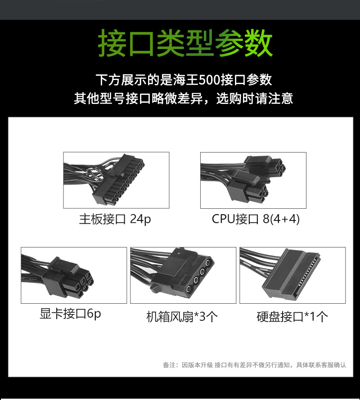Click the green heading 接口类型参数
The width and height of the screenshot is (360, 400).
pyautogui.click(x=185, y=44)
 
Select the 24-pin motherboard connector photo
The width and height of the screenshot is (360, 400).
pyautogui.click(x=116, y=180)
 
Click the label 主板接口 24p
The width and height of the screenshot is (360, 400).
pyautogui.click(x=115, y=220)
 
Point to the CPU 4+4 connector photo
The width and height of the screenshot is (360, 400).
pyautogui.click(x=253, y=180)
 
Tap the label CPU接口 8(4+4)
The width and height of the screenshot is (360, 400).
pyautogui.click(x=256, y=220)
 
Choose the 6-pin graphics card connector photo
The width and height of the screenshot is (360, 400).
pyautogui.click(x=74, y=275)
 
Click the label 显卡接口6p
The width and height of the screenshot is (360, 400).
pyautogui.click(x=70, y=314)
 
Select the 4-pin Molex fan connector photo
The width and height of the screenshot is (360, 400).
pyautogui.click(x=183, y=275)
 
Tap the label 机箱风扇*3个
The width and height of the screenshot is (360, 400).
pyautogui.click(x=182, y=316)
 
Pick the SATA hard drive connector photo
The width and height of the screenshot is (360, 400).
pyautogui.click(x=292, y=275)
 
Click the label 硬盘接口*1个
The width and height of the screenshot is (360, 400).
pyautogui.click(x=292, y=316)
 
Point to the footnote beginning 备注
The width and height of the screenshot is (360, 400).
pyautogui.click(x=254, y=365)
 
